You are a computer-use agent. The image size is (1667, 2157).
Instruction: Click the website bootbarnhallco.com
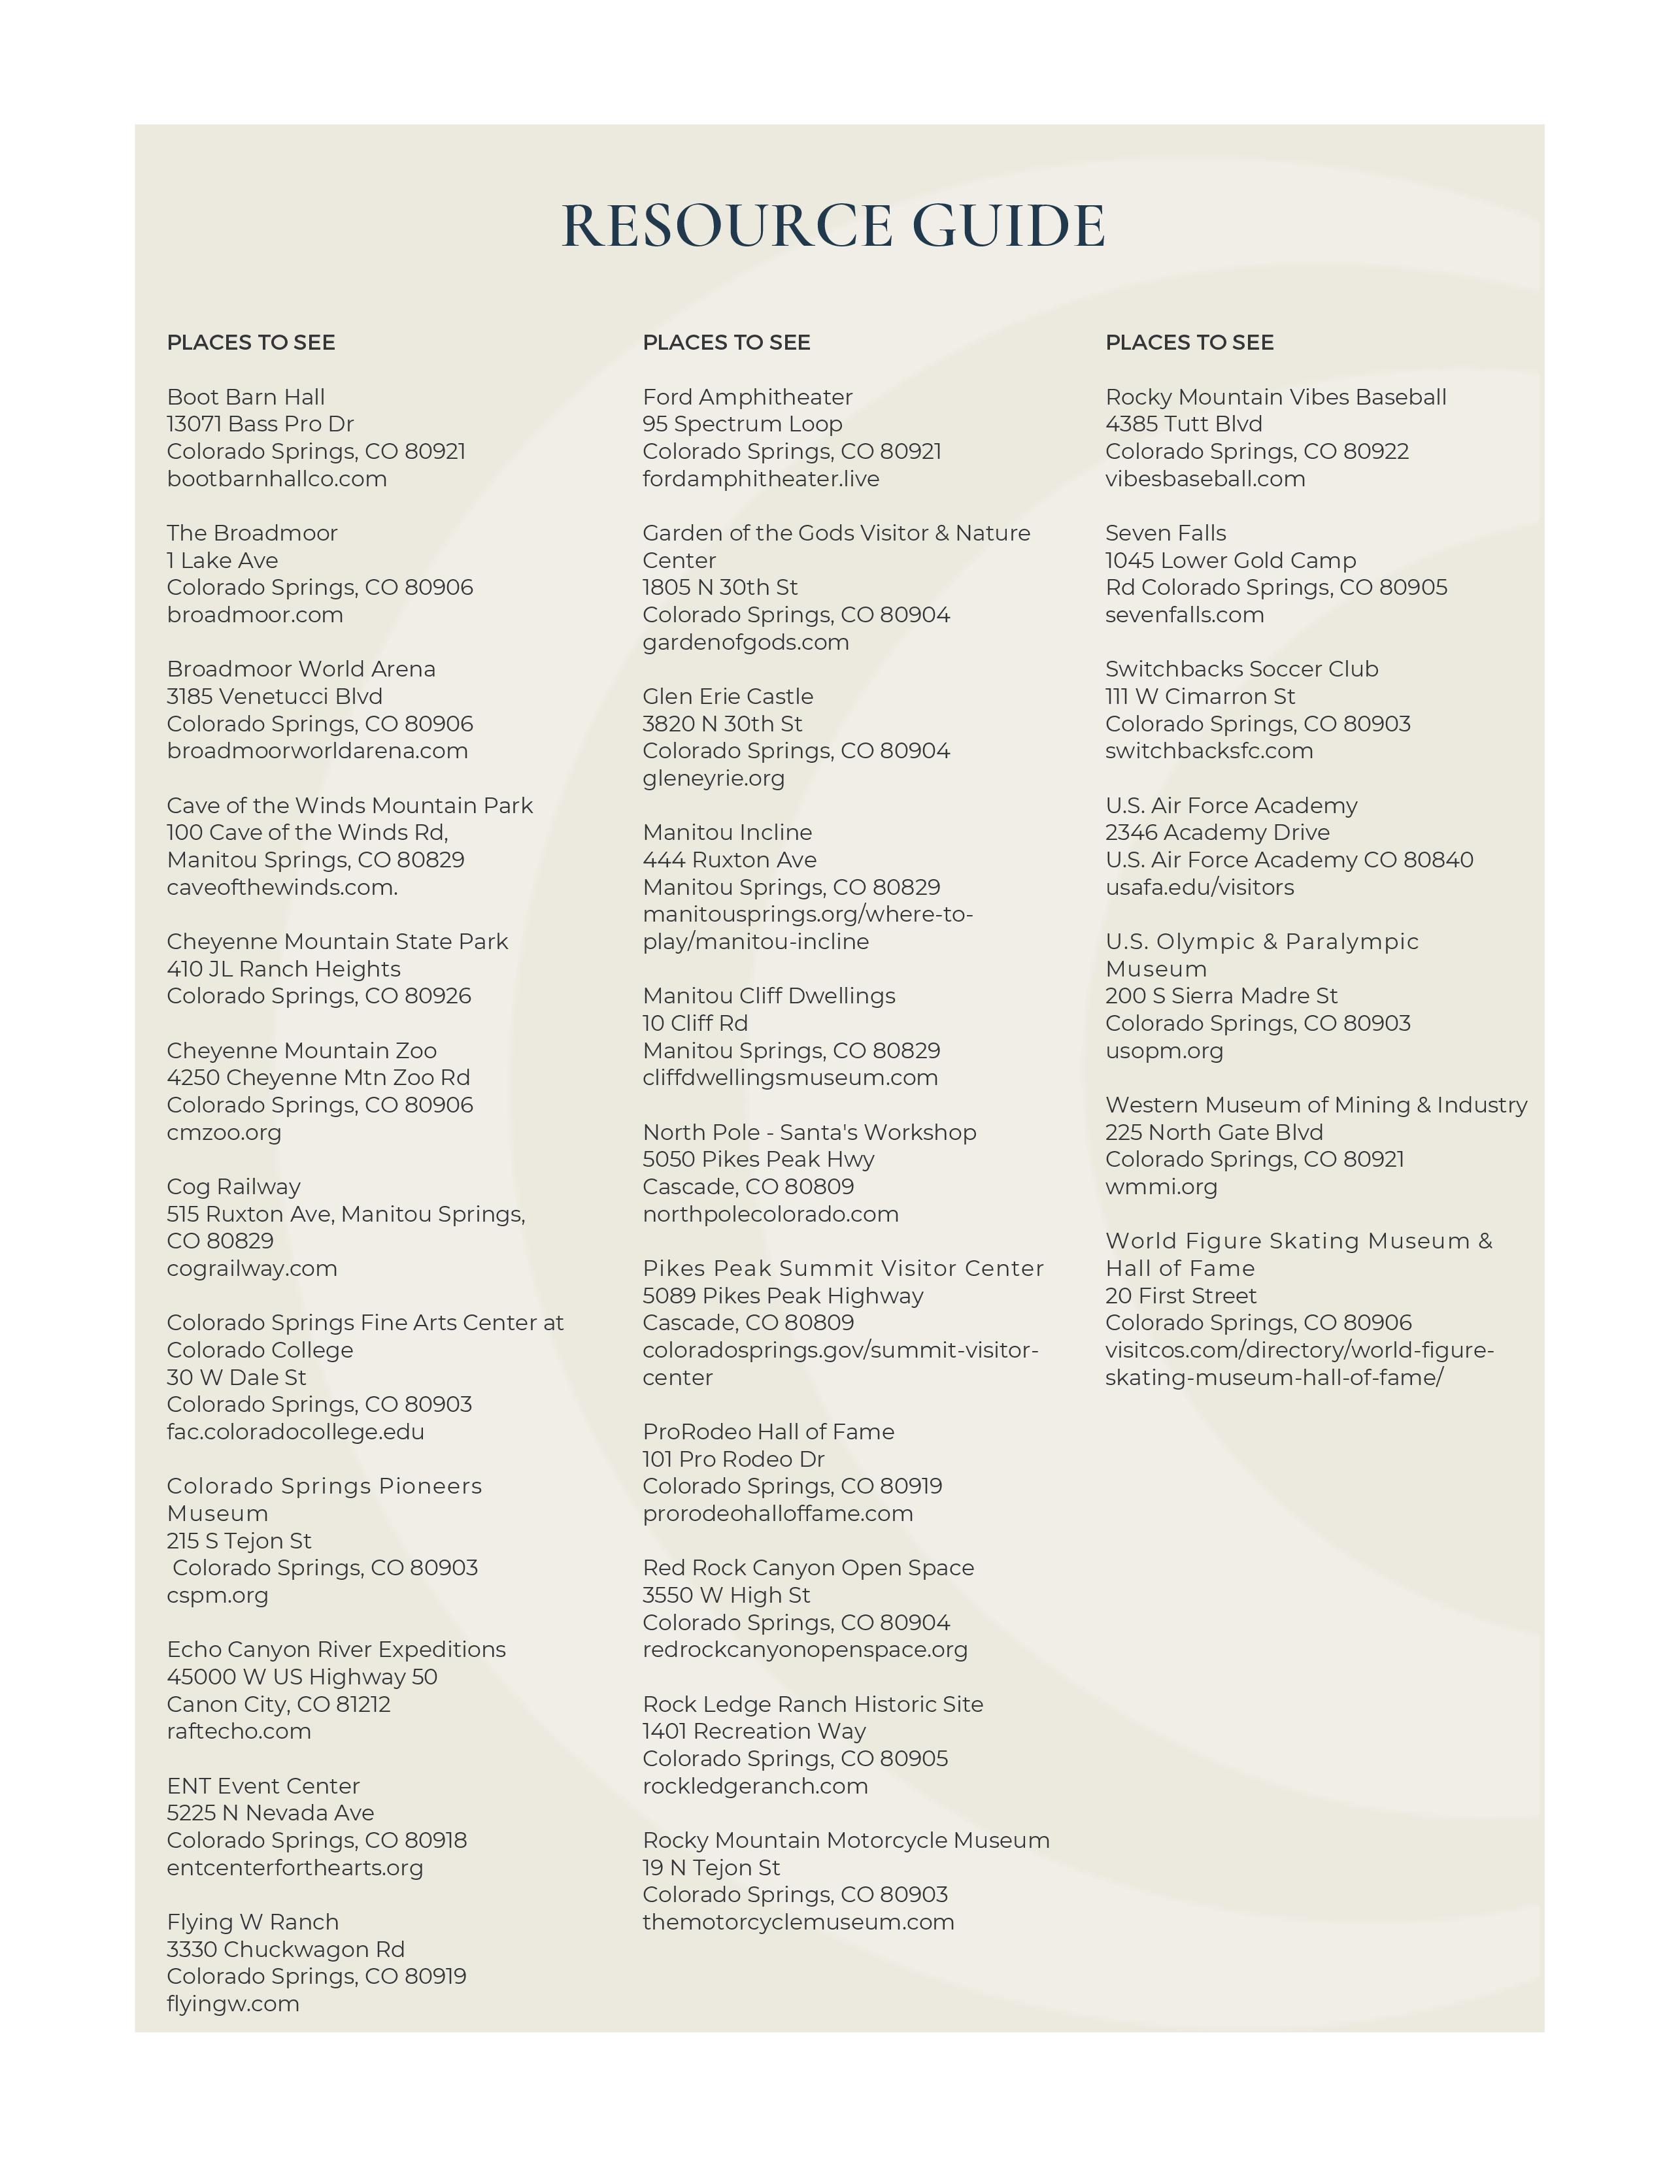click(x=277, y=479)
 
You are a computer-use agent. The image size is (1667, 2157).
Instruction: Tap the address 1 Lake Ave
click(x=222, y=560)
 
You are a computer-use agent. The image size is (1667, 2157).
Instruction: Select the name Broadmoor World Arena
click(x=301, y=669)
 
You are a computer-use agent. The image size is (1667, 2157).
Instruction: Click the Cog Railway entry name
click(x=233, y=1186)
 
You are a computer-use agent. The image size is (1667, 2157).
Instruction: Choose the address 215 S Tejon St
click(x=239, y=1541)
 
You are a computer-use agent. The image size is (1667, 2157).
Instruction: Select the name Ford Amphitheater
click(x=748, y=397)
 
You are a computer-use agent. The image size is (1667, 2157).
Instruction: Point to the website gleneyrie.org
click(x=714, y=778)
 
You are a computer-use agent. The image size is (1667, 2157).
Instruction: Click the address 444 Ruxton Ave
click(x=730, y=860)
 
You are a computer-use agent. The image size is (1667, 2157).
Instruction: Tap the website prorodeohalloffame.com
click(x=778, y=1513)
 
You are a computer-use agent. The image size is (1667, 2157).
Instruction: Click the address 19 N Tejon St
click(x=711, y=1867)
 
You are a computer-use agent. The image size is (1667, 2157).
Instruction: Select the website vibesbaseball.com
click(x=1205, y=479)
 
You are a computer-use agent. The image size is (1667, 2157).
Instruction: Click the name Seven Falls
click(x=1166, y=533)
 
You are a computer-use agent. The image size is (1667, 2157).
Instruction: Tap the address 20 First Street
click(x=1181, y=1296)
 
